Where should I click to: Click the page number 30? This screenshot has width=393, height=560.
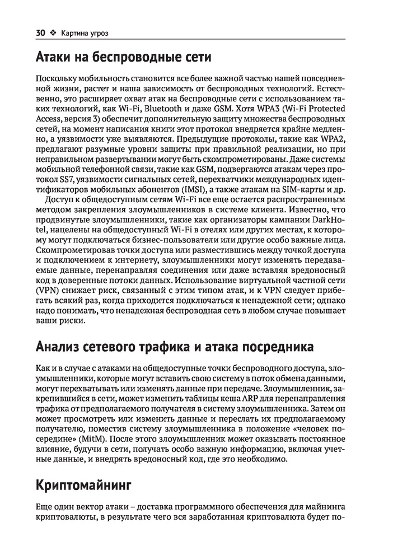tap(40, 33)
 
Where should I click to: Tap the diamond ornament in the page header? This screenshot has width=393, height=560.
tap(53, 33)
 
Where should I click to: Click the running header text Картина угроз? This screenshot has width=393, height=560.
tap(85, 33)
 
